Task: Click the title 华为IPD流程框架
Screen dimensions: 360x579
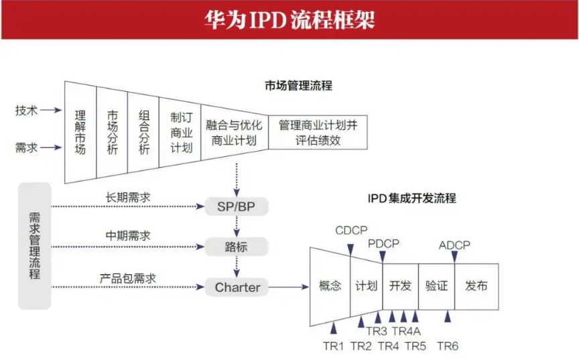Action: (x=289, y=19)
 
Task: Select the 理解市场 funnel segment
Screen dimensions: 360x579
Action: (x=80, y=131)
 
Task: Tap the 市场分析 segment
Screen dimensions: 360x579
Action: (x=112, y=131)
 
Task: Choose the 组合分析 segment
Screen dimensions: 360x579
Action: (x=143, y=131)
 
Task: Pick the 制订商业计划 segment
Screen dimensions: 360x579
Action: (x=180, y=131)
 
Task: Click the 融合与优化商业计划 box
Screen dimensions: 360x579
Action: (x=234, y=132)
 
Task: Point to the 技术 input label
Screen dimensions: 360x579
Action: (x=26, y=111)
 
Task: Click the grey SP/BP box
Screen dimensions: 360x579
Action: (x=235, y=205)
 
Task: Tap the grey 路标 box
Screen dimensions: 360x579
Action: (x=235, y=247)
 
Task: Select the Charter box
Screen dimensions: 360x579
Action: (x=237, y=287)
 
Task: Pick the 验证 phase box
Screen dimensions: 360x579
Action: (x=436, y=286)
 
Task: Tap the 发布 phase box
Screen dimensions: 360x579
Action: (x=476, y=286)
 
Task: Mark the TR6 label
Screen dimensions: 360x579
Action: (x=448, y=346)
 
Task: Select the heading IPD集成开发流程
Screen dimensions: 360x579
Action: (x=411, y=198)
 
